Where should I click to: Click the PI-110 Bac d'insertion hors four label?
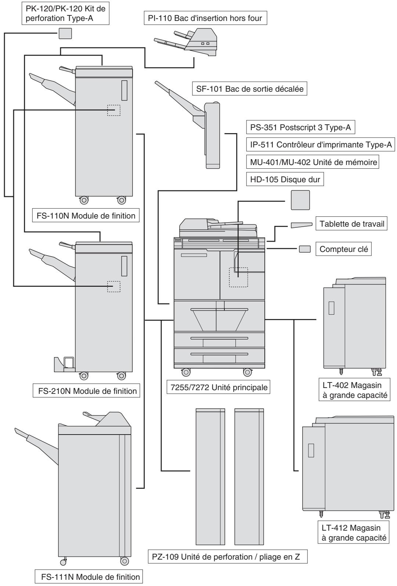coord(205,18)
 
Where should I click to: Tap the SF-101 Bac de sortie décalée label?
coord(250,89)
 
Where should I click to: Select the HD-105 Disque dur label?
coord(285,179)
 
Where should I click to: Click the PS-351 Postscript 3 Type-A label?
coord(300,127)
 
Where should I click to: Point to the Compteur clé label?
coord(343,249)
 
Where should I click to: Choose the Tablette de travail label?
coord(351,224)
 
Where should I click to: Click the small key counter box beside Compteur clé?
coord(305,249)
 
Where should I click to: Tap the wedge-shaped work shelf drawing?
coord(302,225)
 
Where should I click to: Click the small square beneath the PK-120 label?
coord(65,33)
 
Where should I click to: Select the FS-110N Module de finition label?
coord(86,216)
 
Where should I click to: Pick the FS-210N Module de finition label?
coord(86,391)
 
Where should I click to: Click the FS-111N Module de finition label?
coord(89,575)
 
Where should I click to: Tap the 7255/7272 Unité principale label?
coord(219,387)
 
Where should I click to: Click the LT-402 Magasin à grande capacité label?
coord(354,389)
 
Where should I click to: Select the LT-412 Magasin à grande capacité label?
coord(354,532)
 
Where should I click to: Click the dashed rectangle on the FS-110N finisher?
coord(114,110)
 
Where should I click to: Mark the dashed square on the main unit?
coord(238,277)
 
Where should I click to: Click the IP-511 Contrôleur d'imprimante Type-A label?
coord(321,144)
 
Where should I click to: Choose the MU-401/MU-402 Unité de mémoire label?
coord(313,162)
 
